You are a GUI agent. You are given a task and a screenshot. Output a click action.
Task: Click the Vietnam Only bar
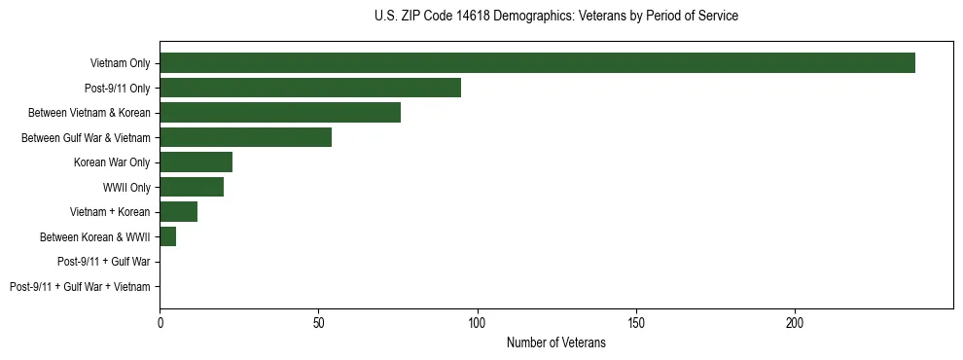click(537, 62)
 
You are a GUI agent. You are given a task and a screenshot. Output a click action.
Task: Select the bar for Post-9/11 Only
click(310, 88)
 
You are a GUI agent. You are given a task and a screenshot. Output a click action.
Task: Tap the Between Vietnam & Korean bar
click(280, 112)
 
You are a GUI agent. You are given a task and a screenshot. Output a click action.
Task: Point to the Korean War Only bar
click(196, 162)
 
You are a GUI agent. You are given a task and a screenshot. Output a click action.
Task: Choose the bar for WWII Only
click(192, 187)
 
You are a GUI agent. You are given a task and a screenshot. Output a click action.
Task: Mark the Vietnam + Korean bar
click(179, 212)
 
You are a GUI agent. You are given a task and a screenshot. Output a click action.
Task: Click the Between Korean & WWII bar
click(168, 236)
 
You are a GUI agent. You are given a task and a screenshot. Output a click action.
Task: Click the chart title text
click(555, 17)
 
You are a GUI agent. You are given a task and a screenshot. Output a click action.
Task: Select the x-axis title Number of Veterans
click(555, 342)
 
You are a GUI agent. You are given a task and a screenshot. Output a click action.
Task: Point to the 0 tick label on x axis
click(160, 321)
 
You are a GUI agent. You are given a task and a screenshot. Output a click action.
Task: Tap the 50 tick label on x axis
click(318, 321)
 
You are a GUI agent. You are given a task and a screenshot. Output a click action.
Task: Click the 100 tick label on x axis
click(477, 321)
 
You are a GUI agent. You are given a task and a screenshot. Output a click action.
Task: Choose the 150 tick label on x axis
click(635, 321)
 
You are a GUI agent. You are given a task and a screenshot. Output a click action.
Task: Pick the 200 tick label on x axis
click(795, 321)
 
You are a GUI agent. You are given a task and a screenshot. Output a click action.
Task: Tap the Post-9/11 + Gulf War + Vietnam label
click(80, 287)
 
